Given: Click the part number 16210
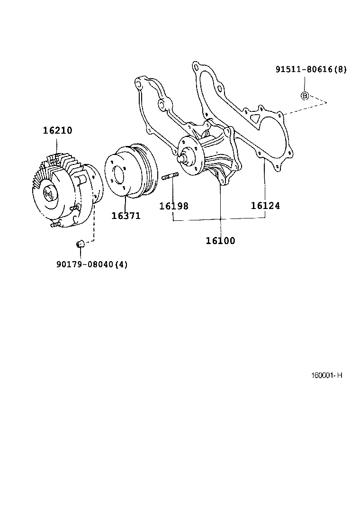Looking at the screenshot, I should pyautogui.click(x=57, y=130).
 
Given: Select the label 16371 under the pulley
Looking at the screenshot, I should pyautogui.click(x=126, y=216).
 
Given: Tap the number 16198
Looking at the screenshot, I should pyautogui.click(x=173, y=206).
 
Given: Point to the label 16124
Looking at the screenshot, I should pyautogui.click(x=265, y=205).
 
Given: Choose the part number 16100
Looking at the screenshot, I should pyautogui.click(x=220, y=241).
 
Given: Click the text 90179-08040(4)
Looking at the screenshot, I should pyautogui.click(x=91, y=264).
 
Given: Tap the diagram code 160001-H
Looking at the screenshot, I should pyautogui.click(x=326, y=375).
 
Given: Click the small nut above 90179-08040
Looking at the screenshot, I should pyautogui.click(x=80, y=244).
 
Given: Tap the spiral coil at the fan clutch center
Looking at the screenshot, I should pyautogui.click(x=48, y=193).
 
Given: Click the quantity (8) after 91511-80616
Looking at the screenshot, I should pyautogui.click(x=340, y=69).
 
